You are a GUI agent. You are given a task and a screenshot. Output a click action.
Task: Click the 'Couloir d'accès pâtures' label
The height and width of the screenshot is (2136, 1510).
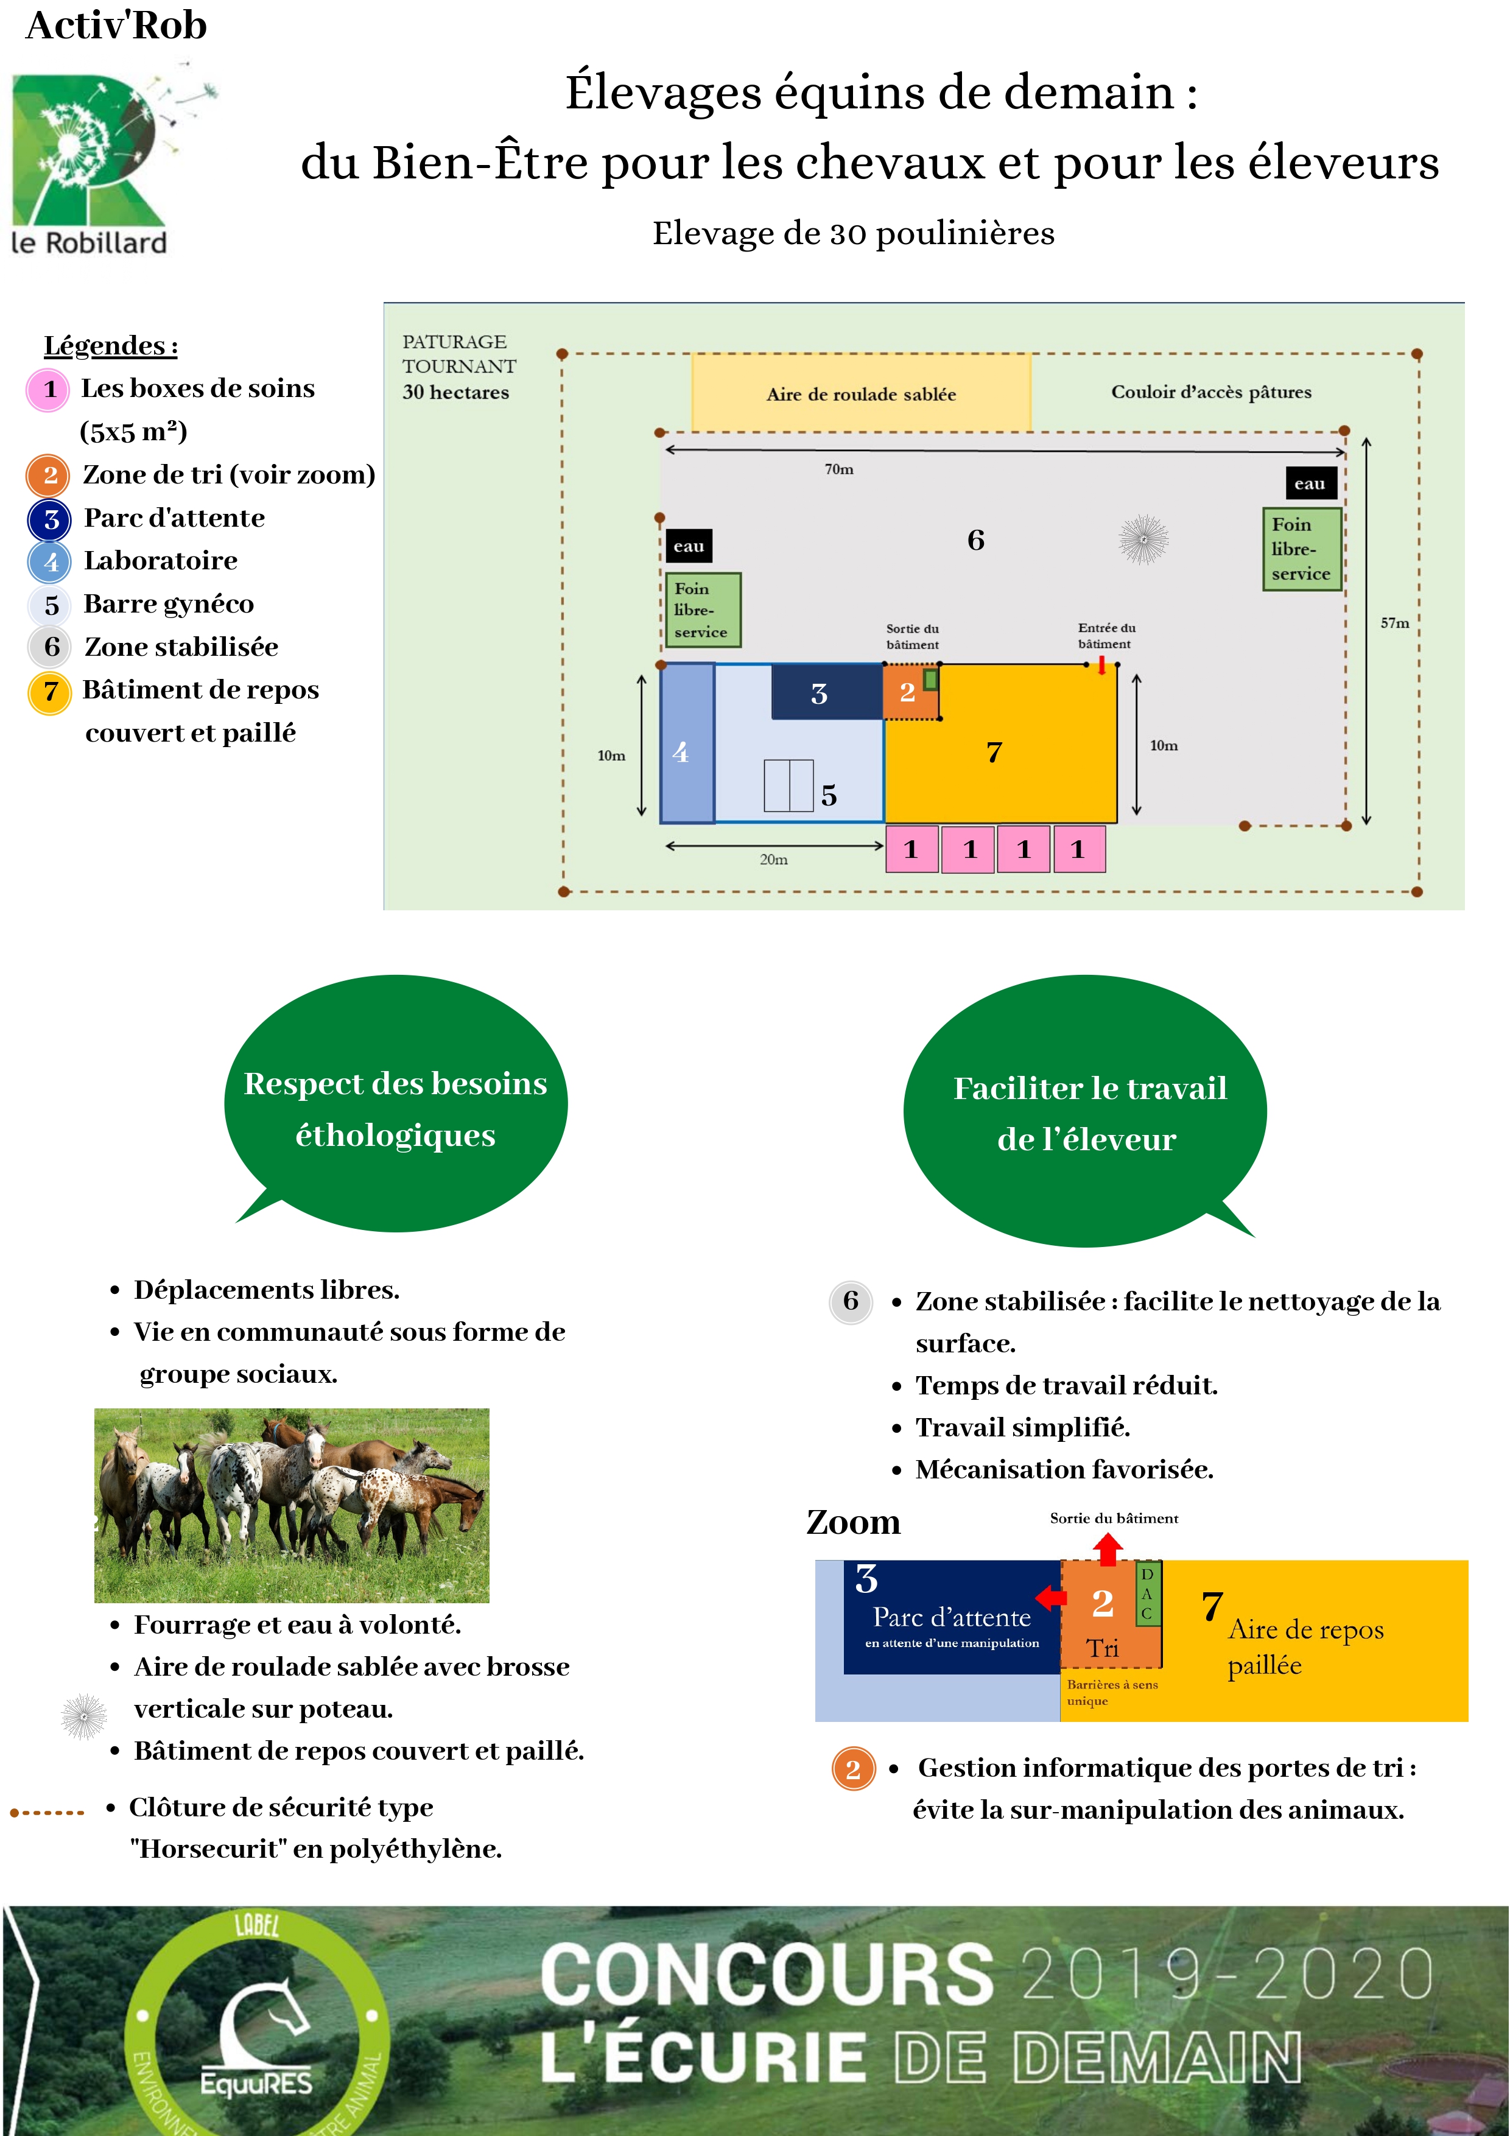click(1212, 392)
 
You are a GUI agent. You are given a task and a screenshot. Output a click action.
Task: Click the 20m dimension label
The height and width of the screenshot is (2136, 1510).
click(773, 860)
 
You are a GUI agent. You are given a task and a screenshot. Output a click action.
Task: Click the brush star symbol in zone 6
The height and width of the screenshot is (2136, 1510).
click(1143, 539)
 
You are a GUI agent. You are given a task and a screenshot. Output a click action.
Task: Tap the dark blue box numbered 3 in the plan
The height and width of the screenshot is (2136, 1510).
click(827, 692)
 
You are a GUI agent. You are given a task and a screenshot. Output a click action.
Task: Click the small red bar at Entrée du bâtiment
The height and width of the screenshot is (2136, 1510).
click(1101, 665)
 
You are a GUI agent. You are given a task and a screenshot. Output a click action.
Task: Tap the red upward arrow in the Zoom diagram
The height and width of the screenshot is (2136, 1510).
click(1107, 1549)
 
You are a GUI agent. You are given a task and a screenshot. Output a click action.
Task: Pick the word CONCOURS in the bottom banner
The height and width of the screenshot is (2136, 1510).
click(768, 1973)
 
